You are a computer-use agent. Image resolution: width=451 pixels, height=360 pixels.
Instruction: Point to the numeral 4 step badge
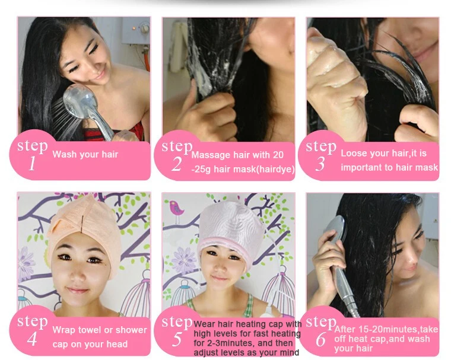(32, 339)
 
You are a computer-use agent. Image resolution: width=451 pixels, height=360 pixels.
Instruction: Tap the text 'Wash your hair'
(85, 155)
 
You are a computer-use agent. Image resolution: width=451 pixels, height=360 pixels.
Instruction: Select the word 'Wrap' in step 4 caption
(64, 330)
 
